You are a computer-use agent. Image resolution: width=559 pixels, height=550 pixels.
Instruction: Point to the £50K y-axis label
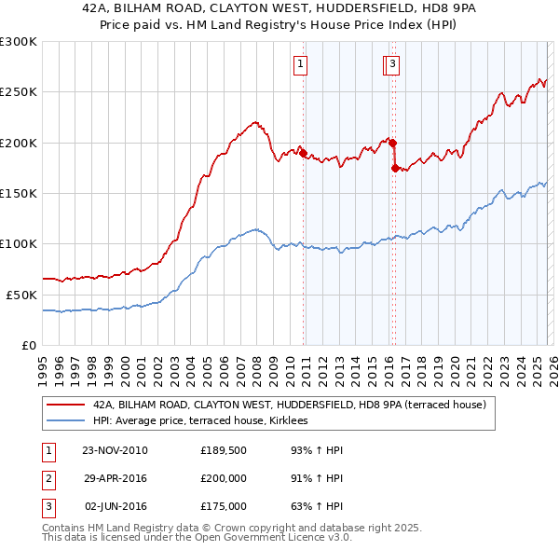[20, 294]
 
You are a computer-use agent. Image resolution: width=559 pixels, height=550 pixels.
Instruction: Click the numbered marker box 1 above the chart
[302, 64]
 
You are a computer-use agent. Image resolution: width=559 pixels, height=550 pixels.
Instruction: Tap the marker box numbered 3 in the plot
[393, 64]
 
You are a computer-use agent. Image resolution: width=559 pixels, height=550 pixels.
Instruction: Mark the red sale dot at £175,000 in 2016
[395, 169]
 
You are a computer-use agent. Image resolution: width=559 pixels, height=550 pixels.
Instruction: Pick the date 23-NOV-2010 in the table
[115, 450]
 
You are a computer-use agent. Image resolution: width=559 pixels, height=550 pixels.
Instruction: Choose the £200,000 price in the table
[224, 478]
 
